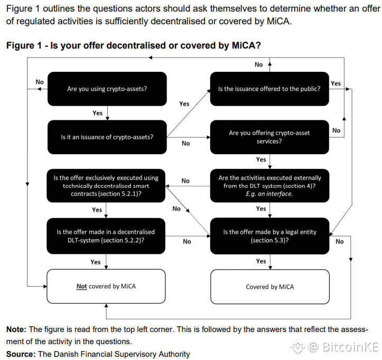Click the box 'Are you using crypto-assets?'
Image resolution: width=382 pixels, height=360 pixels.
pos(107,89)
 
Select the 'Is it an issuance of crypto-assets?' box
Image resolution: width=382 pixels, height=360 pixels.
pos(107,137)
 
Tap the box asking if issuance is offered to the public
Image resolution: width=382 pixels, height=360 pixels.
pos(269,89)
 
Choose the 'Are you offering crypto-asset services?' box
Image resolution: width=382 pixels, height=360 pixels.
pos(269,137)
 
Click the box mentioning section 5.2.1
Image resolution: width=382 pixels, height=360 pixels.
pos(106,186)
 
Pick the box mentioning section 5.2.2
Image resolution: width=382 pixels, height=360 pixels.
pos(106,236)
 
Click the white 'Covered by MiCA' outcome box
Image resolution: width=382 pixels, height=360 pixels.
pos(270,287)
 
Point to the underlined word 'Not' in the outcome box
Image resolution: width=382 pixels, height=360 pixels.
pos(81,287)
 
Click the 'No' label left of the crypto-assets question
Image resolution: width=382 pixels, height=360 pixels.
pos(40,82)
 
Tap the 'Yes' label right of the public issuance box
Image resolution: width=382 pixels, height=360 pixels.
pos(336,83)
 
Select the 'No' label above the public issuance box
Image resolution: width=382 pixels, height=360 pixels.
pos(258,64)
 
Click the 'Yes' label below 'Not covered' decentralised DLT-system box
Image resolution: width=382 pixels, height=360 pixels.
pos(96,262)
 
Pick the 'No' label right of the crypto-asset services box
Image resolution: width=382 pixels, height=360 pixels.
pos(337,130)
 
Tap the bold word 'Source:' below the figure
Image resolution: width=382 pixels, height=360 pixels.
pos(21,354)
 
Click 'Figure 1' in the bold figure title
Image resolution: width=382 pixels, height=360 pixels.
pos(24,45)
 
